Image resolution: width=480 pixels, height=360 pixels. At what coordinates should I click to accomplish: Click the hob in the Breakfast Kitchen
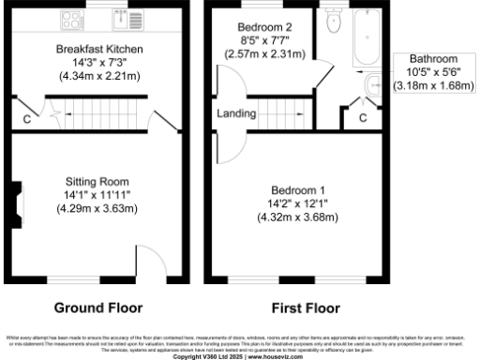[71, 17]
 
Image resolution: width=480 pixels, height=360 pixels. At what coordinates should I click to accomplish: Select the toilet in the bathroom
[333, 21]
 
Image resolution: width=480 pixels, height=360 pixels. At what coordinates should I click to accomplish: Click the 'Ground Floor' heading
[98, 307]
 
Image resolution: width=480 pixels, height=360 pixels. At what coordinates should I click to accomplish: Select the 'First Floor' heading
[305, 307]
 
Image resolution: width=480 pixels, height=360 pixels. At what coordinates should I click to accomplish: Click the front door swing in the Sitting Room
[150, 262]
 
